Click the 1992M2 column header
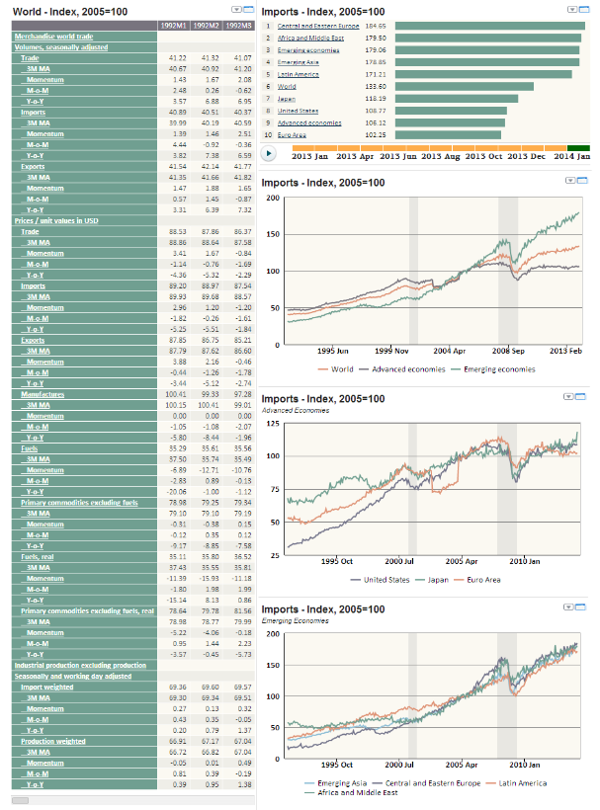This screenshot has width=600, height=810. [x=208, y=26]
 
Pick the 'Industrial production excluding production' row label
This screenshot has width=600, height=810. [x=80, y=665]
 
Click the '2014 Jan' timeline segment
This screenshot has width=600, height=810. [x=570, y=155]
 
